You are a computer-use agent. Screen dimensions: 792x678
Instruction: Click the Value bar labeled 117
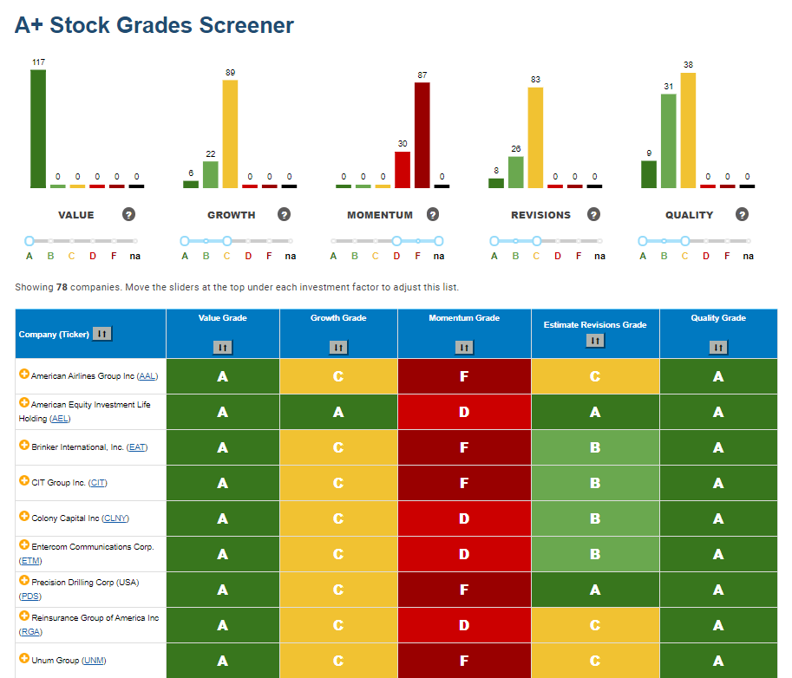pyautogui.click(x=38, y=128)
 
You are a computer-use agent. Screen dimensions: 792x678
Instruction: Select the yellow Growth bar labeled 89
pyautogui.click(x=230, y=134)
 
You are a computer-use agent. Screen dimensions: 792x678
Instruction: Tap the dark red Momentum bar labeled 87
pyautogui.click(x=422, y=135)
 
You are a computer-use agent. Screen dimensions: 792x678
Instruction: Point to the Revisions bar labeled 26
pyautogui.click(x=515, y=173)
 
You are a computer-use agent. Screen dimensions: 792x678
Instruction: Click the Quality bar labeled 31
pyautogui.click(x=668, y=140)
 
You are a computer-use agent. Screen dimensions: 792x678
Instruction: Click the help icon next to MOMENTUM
pyautogui.click(x=432, y=214)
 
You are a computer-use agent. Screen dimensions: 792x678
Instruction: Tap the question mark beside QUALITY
pyautogui.click(x=742, y=214)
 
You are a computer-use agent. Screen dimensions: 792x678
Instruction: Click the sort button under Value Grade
pyautogui.click(x=223, y=348)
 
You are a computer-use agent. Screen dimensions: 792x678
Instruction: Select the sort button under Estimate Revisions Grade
pyautogui.click(x=595, y=341)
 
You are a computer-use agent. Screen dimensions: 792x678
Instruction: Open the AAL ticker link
pyautogui.click(x=147, y=376)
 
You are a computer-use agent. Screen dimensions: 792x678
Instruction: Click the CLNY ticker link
pyautogui.click(x=115, y=518)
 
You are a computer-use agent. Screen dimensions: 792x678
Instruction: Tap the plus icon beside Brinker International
pyautogui.click(x=23, y=445)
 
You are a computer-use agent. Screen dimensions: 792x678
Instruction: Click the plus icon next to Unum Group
pyautogui.click(x=23, y=658)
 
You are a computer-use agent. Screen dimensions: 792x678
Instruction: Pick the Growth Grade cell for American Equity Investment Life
pyautogui.click(x=338, y=412)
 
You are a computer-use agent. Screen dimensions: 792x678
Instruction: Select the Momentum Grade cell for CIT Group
pyautogui.click(x=464, y=483)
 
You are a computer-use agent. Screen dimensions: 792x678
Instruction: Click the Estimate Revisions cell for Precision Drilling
pyautogui.click(x=595, y=590)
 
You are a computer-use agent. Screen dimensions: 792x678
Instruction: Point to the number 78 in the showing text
pyautogui.click(x=62, y=287)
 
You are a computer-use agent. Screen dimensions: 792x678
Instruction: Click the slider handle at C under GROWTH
pyautogui.click(x=226, y=241)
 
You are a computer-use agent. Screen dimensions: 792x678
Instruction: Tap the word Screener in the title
pyautogui.click(x=246, y=25)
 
